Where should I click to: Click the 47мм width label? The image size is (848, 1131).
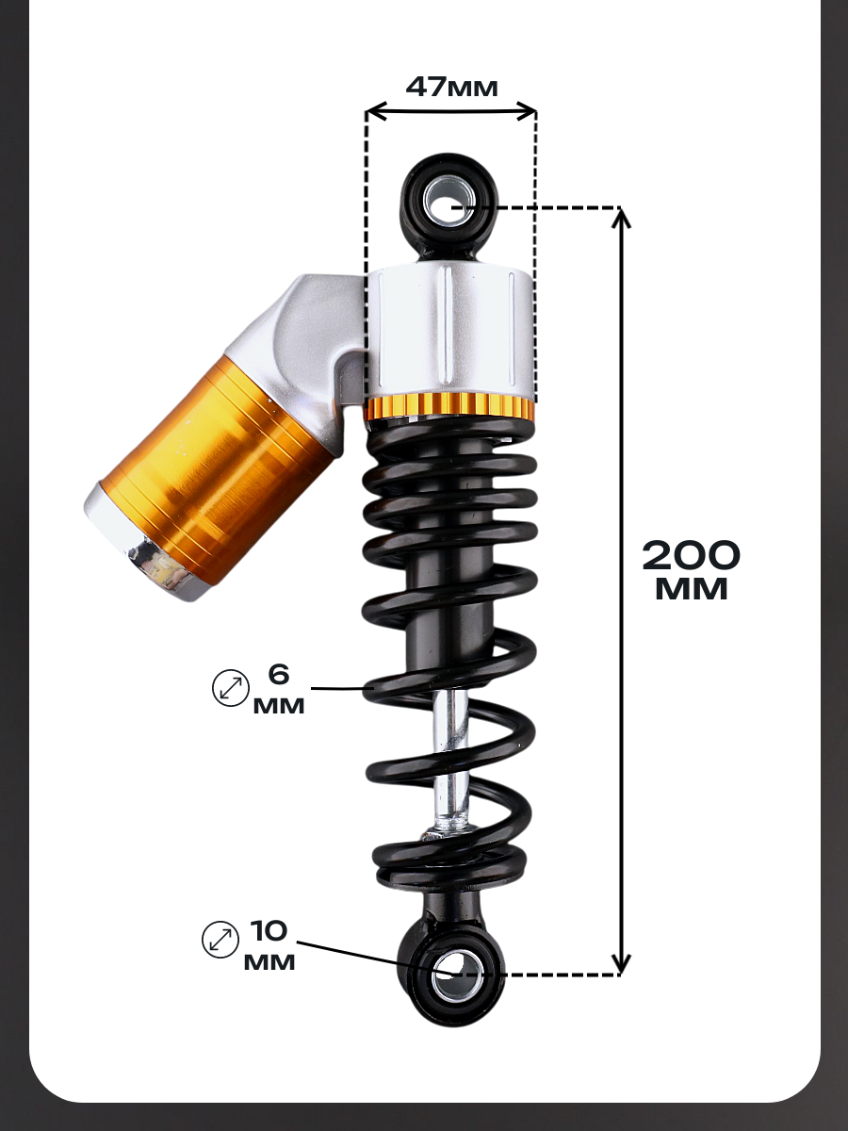[451, 87]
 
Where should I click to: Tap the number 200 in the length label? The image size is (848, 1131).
[691, 555]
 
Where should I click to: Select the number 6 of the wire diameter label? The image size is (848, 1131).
[279, 675]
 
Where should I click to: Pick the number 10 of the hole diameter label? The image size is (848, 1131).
[269, 930]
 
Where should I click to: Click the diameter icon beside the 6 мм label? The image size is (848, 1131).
[231, 688]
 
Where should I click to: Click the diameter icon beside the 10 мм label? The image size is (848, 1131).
[220, 940]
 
